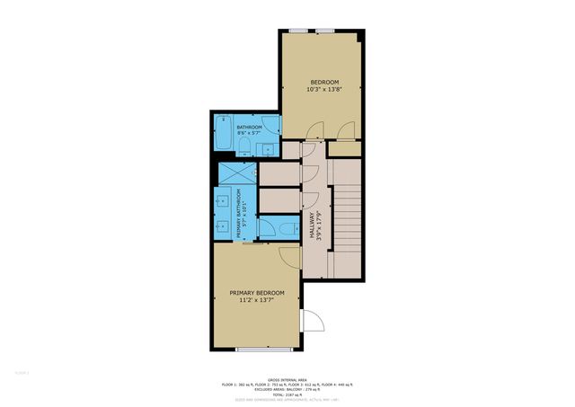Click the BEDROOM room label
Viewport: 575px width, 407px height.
(x=324, y=82)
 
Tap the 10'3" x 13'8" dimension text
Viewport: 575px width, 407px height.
(x=324, y=90)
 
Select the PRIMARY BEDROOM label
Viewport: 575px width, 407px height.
(x=256, y=293)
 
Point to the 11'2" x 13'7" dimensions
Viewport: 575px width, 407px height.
(x=256, y=301)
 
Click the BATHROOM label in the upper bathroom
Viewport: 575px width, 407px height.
(x=249, y=128)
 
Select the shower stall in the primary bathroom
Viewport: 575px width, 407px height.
(x=237, y=173)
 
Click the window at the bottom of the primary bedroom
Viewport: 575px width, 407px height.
(x=264, y=349)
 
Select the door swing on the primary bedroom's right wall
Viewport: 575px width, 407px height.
(x=312, y=321)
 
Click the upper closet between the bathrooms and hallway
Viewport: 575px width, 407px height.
(x=279, y=173)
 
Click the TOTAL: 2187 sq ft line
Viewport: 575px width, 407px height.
(x=287, y=393)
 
